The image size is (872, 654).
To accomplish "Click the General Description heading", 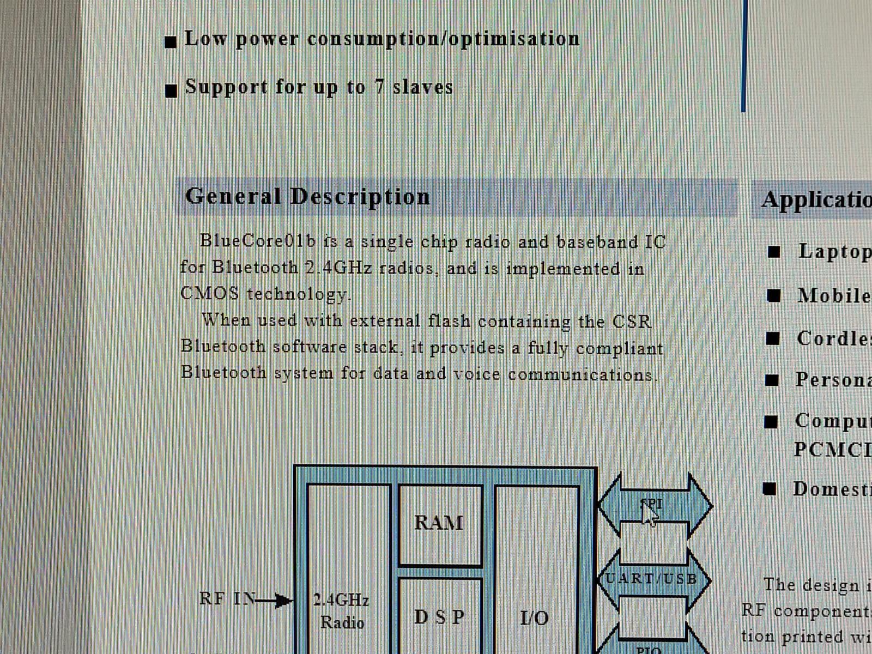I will (x=307, y=196).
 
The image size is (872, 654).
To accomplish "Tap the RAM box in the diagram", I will (x=439, y=523).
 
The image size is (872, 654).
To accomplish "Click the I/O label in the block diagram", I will (x=534, y=617).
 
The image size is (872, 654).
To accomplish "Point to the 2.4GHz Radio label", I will (x=341, y=611).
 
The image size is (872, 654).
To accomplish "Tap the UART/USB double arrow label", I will (x=652, y=578).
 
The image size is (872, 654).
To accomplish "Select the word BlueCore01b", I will (x=257, y=241).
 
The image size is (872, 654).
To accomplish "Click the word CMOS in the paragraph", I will (x=209, y=293).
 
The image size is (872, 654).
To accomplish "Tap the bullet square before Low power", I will (x=171, y=42).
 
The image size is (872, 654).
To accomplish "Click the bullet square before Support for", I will (x=171, y=90).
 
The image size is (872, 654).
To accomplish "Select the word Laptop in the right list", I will (x=834, y=251).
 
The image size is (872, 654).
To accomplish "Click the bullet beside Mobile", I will (x=774, y=295).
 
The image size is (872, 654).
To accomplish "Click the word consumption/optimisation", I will (x=443, y=39).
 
